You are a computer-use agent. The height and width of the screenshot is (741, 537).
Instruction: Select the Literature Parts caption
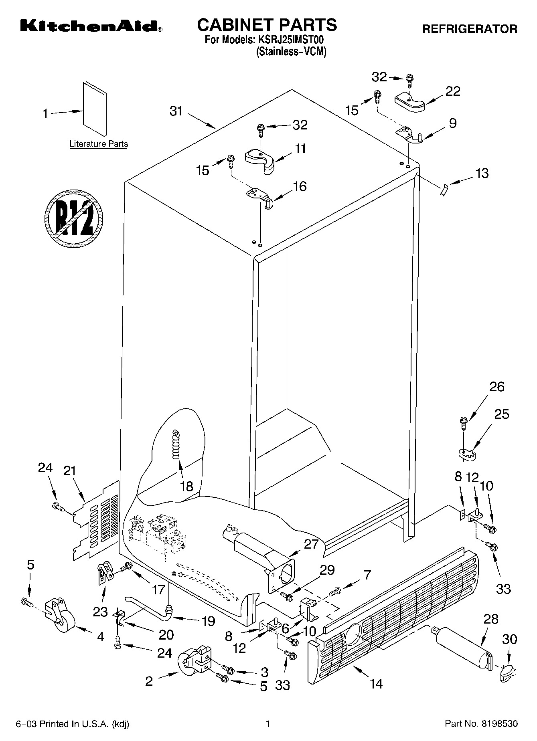[99, 144]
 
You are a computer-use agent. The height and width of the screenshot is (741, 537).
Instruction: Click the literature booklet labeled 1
[95, 109]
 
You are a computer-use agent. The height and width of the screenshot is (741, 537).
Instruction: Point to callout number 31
[176, 111]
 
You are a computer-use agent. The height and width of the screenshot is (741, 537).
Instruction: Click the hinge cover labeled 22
[409, 102]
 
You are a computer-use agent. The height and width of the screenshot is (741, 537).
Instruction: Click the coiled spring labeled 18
[176, 444]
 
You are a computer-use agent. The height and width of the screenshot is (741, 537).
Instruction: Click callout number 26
[496, 387]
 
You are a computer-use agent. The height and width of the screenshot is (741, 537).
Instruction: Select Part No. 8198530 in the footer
[481, 724]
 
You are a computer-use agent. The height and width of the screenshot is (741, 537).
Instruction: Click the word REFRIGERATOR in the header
[469, 29]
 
